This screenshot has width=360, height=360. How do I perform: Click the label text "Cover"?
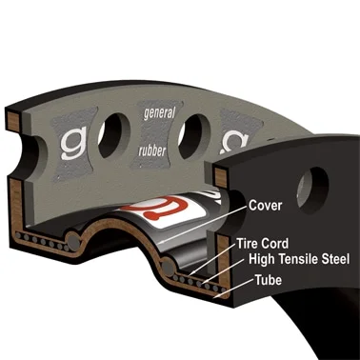[x=265, y=206]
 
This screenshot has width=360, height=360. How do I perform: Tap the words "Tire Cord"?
[x=262, y=244]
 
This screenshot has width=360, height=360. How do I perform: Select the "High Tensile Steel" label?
[x=299, y=259]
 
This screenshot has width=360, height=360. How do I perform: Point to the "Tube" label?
[x=269, y=280]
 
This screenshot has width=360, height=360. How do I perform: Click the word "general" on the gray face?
[x=159, y=113]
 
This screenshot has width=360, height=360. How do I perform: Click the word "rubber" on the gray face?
[x=152, y=150]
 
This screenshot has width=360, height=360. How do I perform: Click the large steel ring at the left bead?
[x=73, y=240]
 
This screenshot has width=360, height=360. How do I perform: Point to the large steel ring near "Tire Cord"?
[x=168, y=268]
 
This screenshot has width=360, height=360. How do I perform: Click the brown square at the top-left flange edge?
[x=14, y=120]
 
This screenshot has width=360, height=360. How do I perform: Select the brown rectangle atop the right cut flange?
[x=221, y=176]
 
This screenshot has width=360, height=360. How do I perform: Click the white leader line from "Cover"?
[x=203, y=225]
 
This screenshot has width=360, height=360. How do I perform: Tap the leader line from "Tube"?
[x=233, y=289]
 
